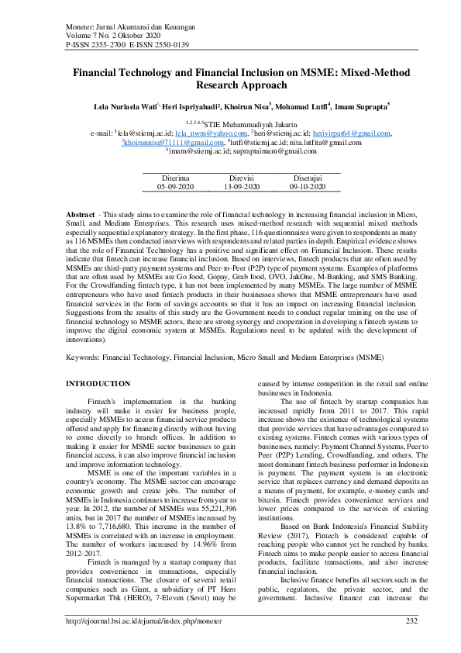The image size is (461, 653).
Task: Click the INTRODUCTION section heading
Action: pos(98,384)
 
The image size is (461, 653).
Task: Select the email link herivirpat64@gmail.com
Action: pos(352,133)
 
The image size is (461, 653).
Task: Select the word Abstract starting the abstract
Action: pos(80,213)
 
